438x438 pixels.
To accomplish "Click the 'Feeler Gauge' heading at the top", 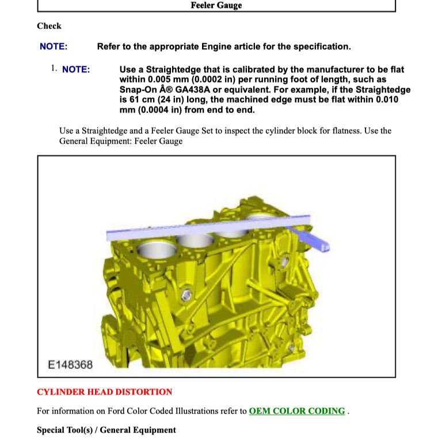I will pos(216,5).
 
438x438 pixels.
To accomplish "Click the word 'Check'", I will pos(49,26).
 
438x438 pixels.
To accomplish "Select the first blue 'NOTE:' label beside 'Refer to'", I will pos(54,47).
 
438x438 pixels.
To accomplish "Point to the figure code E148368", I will pos(70,364).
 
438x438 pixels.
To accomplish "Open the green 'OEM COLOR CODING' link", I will pos(297,411).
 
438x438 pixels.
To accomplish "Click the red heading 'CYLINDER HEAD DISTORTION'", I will pos(104,392).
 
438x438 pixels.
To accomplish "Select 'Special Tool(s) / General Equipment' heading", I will pos(106,430).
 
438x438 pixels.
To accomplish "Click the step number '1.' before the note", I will pos(54,68).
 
